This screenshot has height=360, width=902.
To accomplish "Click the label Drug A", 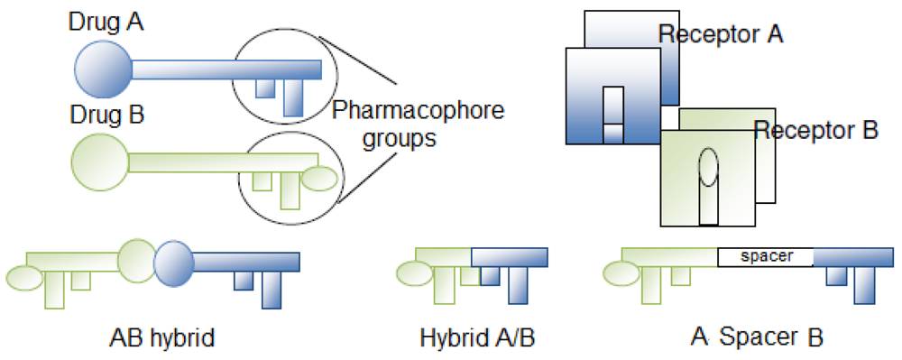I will click(x=107, y=20).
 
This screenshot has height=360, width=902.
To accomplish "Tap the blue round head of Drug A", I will click(x=102, y=69).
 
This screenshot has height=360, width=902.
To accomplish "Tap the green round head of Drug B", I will click(x=101, y=161).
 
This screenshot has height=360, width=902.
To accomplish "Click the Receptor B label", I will click(x=815, y=130).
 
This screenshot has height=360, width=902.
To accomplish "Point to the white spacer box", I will click(x=765, y=256).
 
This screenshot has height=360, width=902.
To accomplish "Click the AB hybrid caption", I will click(x=162, y=339).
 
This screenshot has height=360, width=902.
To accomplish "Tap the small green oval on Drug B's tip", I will click(x=318, y=179).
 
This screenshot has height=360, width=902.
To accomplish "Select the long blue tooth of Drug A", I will click(x=293, y=97).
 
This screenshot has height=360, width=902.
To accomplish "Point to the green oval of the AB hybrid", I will click(x=24, y=278).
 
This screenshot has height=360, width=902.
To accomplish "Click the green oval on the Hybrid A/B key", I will click(x=414, y=273).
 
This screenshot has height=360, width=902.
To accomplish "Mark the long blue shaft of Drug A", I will click(x=225, y=69).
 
